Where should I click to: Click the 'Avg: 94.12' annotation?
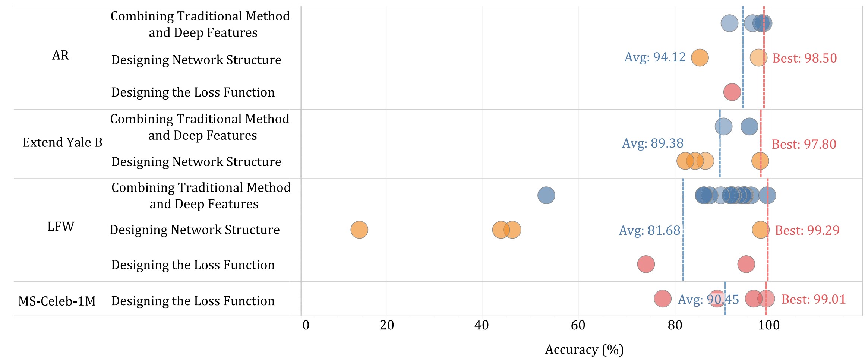tap(655, 57)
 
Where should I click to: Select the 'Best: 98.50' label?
tap(804, 58)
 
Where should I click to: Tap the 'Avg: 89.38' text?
tap(653, 143)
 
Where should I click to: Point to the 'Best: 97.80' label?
tap(804, 144)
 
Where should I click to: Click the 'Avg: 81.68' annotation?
tap(649, 230)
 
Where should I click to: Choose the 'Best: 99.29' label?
tap(807, 230)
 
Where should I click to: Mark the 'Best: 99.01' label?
tap(813, 299)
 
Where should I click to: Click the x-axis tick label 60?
tap(578, 326)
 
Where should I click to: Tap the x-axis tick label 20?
tap(387, 326)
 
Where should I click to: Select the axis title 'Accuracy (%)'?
tap(584, 350)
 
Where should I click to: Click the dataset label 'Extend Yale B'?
tap(62, 142)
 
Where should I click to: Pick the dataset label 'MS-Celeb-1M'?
tap(57, 301)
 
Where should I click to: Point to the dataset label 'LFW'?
tap(61, 227)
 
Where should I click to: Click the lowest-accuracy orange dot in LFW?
tap(359, 230)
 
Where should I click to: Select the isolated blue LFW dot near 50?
tap(546, 195)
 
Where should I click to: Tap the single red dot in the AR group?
tap(732, 92)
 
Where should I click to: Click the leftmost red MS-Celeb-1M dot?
tap(663, 299)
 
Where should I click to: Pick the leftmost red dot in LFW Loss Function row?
tap(646, 264)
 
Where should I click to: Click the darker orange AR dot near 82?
tap(700, 57)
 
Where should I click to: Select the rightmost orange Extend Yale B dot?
tap(760, 161)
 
